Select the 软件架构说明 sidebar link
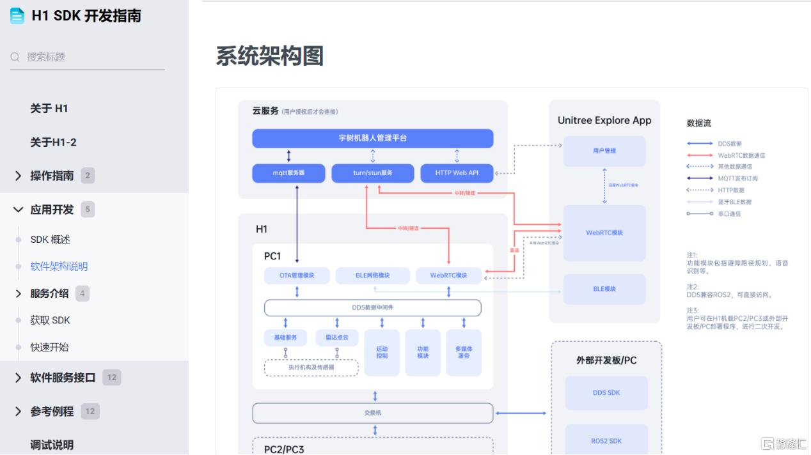click(x=59, y=266)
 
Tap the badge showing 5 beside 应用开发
click(x=88, y=210)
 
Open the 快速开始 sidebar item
click(x=49, y=347)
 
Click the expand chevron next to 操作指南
click(x=18, y=176)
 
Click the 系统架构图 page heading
click(x=269, y=56)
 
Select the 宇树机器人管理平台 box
click(x=372, y=138)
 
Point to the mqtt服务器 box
click(x=288, y=173)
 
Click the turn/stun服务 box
click(x=372, y=173)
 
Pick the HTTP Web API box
click(x=457, y=173)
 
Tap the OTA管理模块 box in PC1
click(x=297, y=275)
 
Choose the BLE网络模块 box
click(x=372, y=275)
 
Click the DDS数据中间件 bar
click(x=372, y=307)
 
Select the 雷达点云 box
click(x=336, y=337)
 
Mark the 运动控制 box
click(x=382, y=352)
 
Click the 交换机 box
click(x=372, y=413)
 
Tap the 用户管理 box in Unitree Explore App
click(x=604, y=151)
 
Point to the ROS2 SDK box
click(x=606, y=441)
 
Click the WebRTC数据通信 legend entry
click(x=741, y=155)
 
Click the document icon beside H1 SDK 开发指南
click(x=17, y=16)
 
